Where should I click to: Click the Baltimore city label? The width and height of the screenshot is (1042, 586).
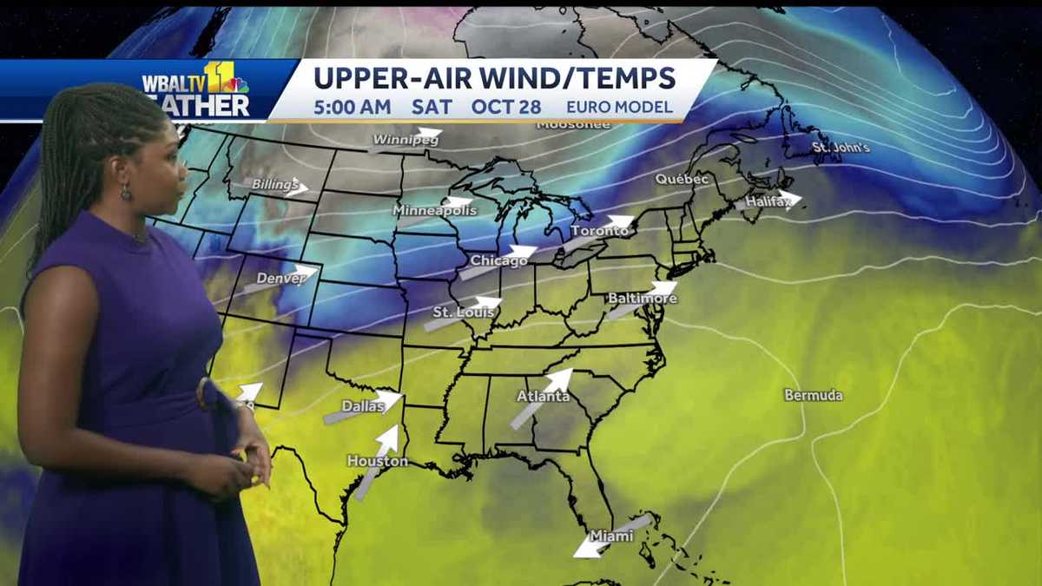(x=642, y=299)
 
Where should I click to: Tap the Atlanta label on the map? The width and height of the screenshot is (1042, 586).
(x=543, y=397)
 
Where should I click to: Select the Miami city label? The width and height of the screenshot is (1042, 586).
(x=611, y=536)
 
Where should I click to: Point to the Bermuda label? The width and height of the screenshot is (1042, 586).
(x=813, y=395)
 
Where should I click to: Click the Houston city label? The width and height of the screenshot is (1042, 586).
(x=377, y=461)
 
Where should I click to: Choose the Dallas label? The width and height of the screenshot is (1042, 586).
(x=363, y=405)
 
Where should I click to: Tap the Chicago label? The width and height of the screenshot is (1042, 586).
(x=498, y=260)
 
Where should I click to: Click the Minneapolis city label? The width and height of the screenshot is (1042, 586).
(x=434, y=210)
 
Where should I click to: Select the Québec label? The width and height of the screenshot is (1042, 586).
(x=682, y=179)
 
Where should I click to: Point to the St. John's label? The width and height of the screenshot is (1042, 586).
(x=841, y=148)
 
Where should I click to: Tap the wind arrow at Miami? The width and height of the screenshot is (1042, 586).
(x=611, y=536)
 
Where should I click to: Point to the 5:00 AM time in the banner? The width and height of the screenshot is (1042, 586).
(x=352, y=108)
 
